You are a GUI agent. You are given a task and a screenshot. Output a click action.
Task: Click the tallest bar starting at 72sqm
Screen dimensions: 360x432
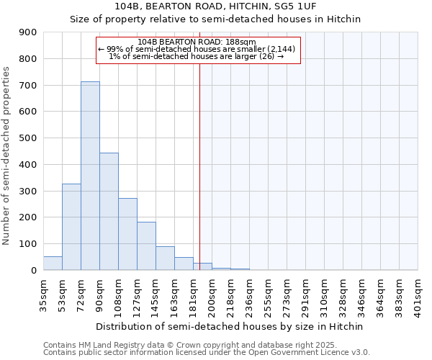coord(90,176)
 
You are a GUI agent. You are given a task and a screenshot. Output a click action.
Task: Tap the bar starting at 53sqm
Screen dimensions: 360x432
coord(71,227)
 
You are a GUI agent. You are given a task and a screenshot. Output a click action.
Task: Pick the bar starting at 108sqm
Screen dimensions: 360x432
coord(127,234)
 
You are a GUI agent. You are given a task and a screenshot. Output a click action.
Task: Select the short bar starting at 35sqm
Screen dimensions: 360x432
coord(53,263)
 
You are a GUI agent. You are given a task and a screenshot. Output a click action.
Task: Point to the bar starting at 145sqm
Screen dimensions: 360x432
coord(165,258)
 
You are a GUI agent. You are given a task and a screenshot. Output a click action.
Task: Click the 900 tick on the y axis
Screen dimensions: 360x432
coord(28,32)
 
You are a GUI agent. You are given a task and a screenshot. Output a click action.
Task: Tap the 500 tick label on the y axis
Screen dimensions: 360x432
coord(28,138)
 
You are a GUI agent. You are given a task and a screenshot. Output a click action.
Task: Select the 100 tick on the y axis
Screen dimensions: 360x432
coord(28,244)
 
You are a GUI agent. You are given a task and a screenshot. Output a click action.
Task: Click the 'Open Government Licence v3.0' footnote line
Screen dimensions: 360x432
coord(207,353)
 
